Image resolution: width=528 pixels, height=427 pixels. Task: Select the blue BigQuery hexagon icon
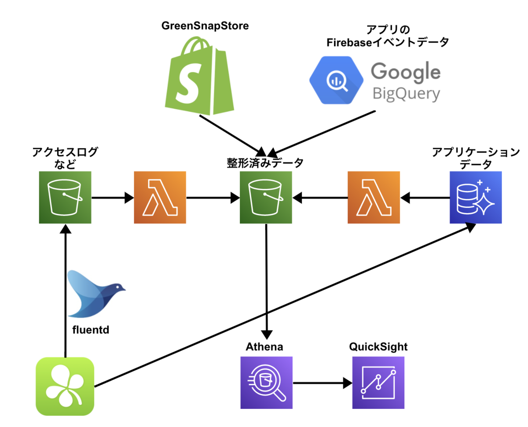pos(337,80)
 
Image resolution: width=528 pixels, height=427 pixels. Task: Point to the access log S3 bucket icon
pos(65,198)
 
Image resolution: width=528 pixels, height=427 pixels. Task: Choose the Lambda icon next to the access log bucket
pos(160,198)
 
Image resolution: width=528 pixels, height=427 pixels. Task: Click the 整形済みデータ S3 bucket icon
pos(266,198)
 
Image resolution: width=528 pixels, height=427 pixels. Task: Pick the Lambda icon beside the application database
pos(374,198)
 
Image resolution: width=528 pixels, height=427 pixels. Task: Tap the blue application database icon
pos(476,198)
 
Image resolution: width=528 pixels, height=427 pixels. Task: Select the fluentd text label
pos(90,328)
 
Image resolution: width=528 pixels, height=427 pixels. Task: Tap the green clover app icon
pos(65,386)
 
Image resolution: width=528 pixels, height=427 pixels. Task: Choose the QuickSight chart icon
pos(378,383)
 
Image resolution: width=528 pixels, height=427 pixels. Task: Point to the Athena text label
pos(264,347)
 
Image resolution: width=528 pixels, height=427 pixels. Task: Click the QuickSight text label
pos(378,347)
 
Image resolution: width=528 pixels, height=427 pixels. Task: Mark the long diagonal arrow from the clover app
pos(282,306)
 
